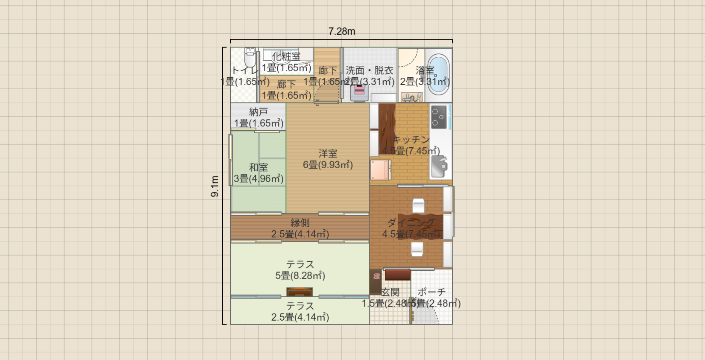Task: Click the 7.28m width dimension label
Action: point(341,32)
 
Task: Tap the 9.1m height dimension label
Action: point(215,186)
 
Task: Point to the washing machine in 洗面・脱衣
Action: point(359,92)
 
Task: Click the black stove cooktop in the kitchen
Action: point(439,117)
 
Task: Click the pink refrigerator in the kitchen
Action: point(380,170)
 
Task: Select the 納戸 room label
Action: point(258,112)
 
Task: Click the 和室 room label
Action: point(258,167)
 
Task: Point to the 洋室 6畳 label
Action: point(328,159)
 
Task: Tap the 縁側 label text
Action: point(300,222)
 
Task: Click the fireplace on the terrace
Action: point(299,292)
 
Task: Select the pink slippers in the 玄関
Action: point(376,276)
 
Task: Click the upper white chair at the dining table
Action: point(418,205)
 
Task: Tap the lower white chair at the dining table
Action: point(417,249)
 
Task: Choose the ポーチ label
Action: point(432,292)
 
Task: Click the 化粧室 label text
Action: point(286,56)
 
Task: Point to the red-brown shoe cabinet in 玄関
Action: point(397,275)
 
